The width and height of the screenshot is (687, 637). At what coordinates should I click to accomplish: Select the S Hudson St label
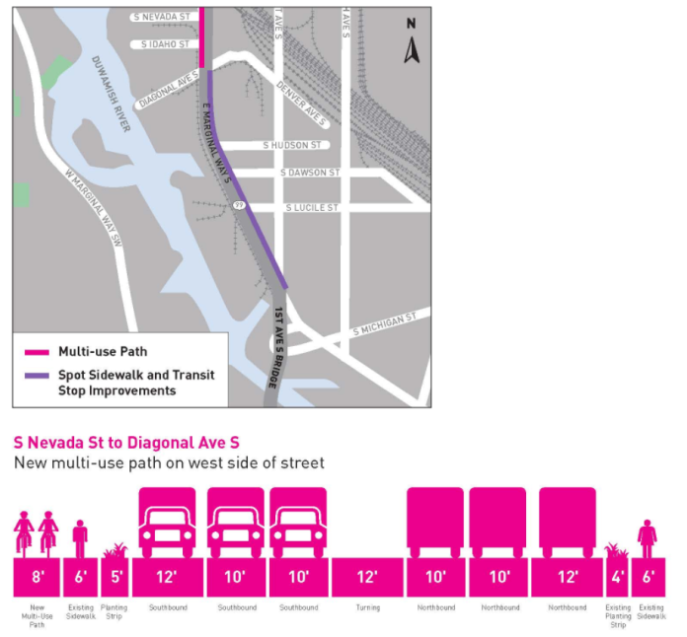(292, 145)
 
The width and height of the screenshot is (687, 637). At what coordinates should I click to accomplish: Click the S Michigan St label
(386, 323)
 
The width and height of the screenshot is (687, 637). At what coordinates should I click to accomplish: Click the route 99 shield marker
(239, 205)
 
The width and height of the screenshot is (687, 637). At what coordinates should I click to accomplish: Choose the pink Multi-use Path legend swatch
(38, 351)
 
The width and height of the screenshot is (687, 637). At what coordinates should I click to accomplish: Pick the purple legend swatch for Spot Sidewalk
(38, 376)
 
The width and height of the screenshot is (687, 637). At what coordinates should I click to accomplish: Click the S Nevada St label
(162, 17)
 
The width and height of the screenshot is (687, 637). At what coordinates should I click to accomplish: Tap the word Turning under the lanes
(367, 607)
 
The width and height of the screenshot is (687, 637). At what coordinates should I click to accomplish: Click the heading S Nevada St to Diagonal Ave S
(126, 442)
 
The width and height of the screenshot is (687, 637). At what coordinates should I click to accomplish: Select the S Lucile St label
(311, 208)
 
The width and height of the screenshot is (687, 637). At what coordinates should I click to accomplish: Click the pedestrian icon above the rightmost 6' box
(648, 537)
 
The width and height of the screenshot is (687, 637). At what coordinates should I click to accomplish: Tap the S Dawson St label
(310, 173)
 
